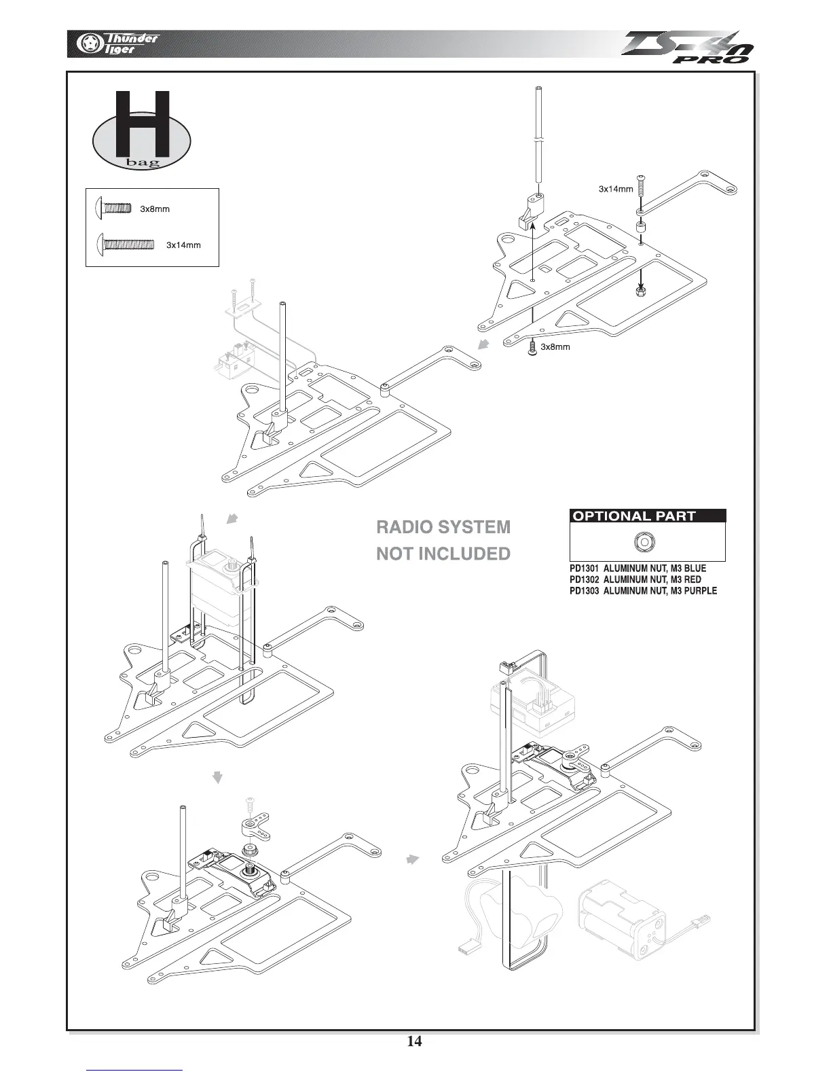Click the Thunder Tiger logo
pyautogui.click(x=115, y=43)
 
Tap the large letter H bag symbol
pyautogui.click(x=141, y=132)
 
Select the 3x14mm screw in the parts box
pyautogui.click(x=126, y=243)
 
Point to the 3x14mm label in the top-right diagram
pyautogui.click(x=615, y=190)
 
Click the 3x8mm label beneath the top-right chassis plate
pyautogui.click(x=555, y=347)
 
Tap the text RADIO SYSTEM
pyautogui.click(x=443, y=527)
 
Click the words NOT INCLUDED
pyautogui.click(x=443, y=554)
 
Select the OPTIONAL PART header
pyautogui.click(x=634, y=516)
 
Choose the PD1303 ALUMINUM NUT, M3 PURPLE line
pyautogui.click(x=643, y=591)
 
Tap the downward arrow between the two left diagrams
pyautogui.click(x=217, y=777)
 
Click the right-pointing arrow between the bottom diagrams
pyautogui.click(x=411, y=859)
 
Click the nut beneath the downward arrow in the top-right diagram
pyautogui.click(x=642, y=291)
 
